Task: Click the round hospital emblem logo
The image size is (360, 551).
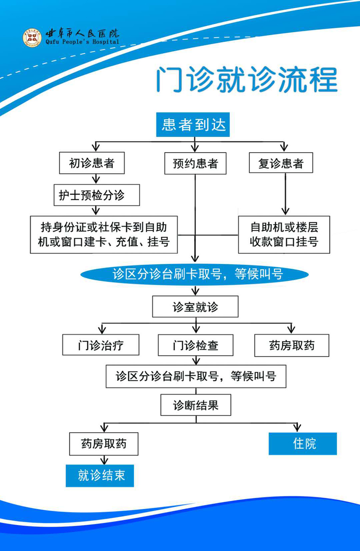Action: click(32, 38)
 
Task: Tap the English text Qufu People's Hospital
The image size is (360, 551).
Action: click(82, 42)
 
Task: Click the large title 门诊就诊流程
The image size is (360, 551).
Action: click(247, 79)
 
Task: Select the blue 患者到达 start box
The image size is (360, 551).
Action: click(193, 124)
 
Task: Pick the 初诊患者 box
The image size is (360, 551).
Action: click(92, 163)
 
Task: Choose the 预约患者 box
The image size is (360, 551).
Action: click(195, 163)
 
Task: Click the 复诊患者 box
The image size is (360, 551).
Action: click(281, 163)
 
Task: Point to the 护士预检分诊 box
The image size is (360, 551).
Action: click(97, 195)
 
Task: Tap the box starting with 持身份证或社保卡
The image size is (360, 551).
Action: click(104, 235)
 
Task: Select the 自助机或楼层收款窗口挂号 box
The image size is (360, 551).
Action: click(284, 235)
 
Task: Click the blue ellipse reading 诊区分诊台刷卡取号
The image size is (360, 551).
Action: click(194, 274)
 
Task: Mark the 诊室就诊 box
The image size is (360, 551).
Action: click(195, 307)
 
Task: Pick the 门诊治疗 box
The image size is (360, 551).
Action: click(101, 345)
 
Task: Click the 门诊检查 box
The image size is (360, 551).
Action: click(196, 345)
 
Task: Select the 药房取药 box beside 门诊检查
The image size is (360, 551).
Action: click(292, 345)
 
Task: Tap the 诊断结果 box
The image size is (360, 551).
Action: click(196, 405)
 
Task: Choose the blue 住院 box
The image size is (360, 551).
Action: click(302, 444)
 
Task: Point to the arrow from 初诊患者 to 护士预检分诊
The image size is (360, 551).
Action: click(96, 179)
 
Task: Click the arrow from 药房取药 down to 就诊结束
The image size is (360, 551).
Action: click(104, 460)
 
